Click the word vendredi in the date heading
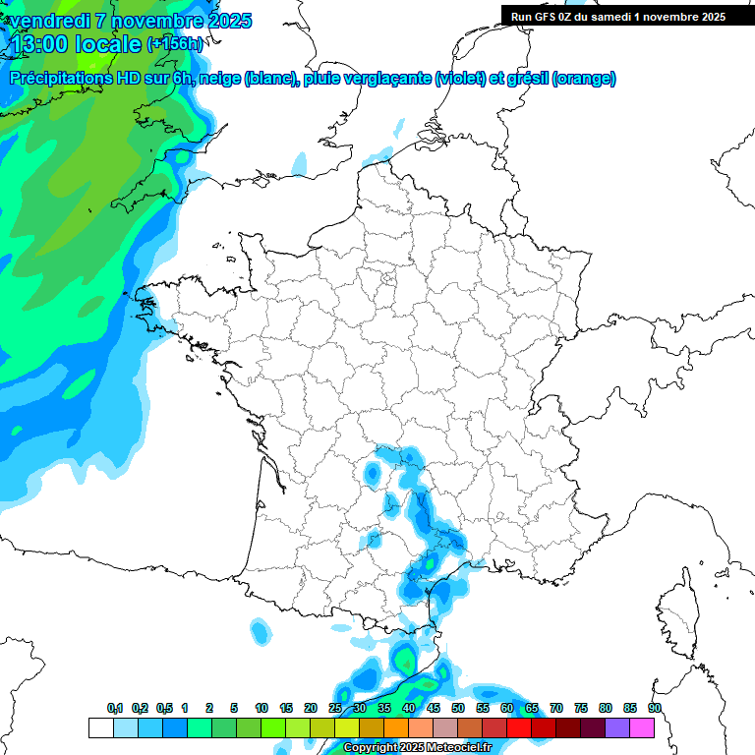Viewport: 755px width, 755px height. click(50, 21)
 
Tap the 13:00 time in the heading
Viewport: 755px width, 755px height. click(38, 42)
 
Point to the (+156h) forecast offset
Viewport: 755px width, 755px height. click(174, 43)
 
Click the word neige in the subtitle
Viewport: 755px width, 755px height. click(219, 79)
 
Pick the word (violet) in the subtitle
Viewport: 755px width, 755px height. click(462, 79)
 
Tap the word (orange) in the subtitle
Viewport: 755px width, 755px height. click(584, 79)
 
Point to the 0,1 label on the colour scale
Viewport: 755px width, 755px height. click(115, 708)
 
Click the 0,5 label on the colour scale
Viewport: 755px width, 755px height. click(163, 708)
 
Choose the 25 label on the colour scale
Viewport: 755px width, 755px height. click(335, 708)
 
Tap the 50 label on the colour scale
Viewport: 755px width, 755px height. click(458, 708)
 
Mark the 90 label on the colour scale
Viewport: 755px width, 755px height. click(655, 708)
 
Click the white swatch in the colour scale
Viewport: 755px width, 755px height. click(100, 727)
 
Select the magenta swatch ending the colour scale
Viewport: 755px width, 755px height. click(642, 727)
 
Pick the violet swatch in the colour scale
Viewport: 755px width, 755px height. click(617, 727)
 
